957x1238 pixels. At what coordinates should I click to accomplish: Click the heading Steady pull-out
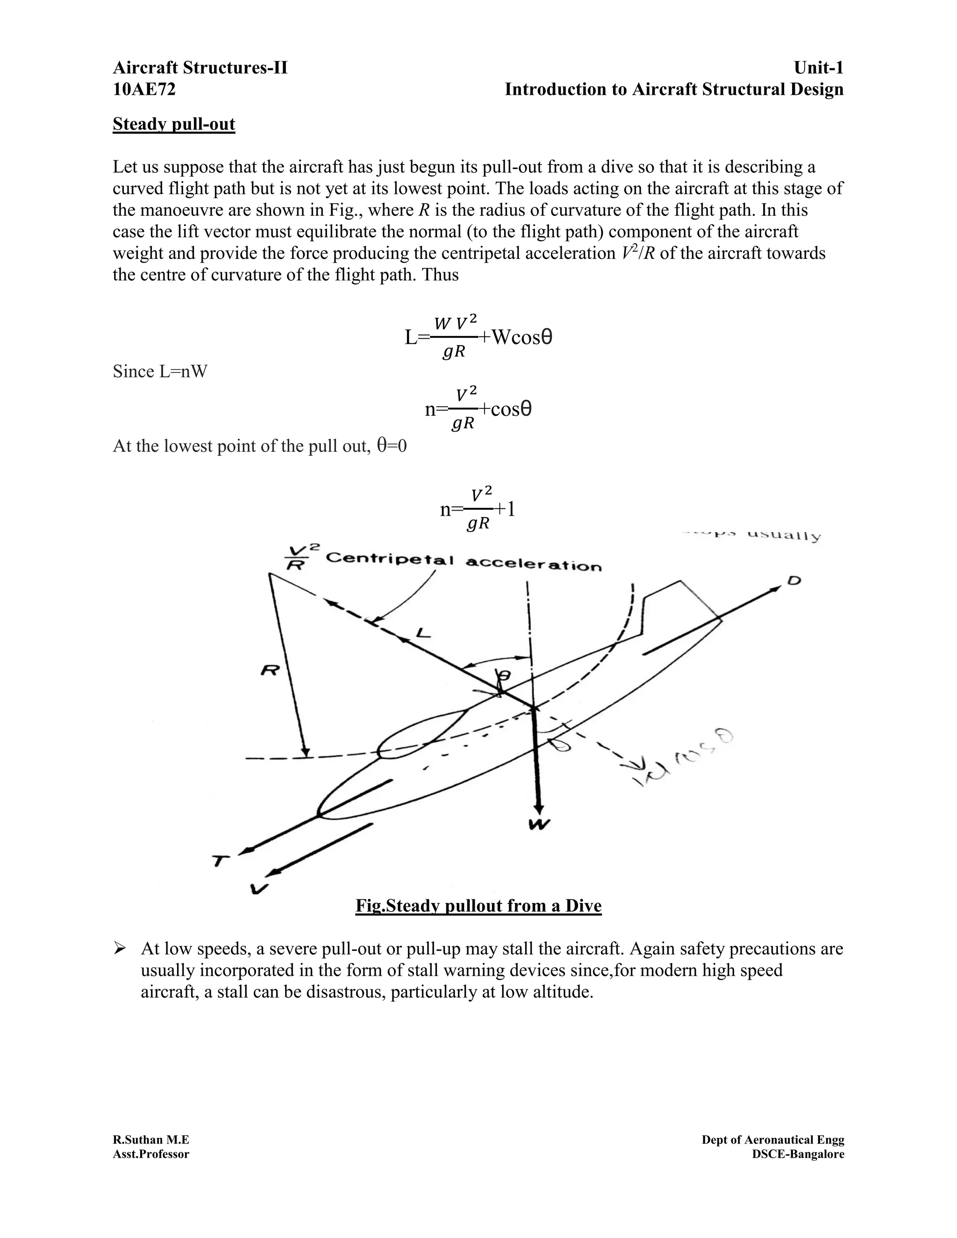coord(173,124)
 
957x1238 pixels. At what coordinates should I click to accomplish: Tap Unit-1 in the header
coord(818,68)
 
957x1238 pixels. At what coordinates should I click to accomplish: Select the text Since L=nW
coord(160,372)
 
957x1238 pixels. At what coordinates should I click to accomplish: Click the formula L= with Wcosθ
coord(478,338)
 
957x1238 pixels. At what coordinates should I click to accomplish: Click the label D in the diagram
coord(795,581)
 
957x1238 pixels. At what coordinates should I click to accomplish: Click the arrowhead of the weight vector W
coord(539,808)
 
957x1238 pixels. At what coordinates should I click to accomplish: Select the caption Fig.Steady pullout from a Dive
coord(478,906)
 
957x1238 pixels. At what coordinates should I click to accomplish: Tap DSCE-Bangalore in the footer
coord(798,1154)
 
